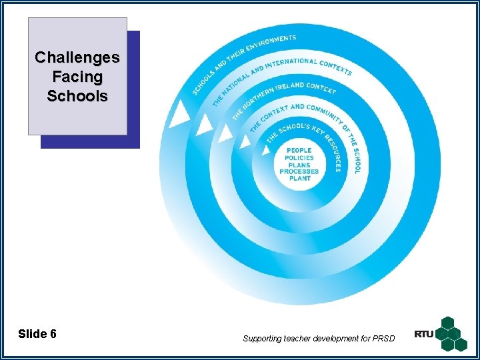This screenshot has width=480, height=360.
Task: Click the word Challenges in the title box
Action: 77,57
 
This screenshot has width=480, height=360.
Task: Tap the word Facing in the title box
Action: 77,77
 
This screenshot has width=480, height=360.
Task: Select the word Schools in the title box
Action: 77,96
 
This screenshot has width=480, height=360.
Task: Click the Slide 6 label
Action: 37,334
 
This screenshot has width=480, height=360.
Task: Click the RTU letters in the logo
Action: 424,334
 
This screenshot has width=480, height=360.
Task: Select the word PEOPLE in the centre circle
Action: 299,151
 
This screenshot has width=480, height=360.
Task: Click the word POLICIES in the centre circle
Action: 299,158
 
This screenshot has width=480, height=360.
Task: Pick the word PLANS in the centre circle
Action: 299,165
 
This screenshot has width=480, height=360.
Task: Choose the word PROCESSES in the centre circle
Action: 299,171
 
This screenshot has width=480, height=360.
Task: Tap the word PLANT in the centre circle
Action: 299,178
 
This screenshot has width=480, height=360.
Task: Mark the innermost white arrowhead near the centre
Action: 266,151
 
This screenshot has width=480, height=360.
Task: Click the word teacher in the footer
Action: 303,339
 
